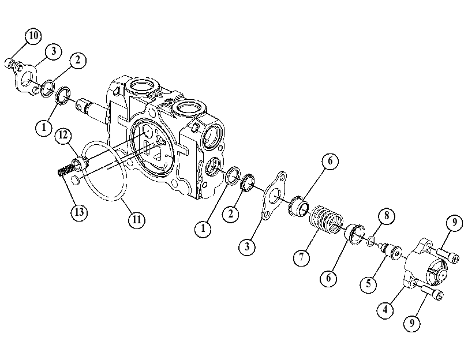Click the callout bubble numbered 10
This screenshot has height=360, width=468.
[33, 36]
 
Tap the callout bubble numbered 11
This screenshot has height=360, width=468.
[136, 220]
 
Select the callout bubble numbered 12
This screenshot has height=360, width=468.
[63, 135]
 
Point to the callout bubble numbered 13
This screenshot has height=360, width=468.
[79, 212]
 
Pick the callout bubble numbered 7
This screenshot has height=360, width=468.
[301, 257]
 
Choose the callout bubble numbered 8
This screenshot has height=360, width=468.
[387, 215]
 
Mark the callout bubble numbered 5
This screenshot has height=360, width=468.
[368, 283]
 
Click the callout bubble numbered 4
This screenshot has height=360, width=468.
[385, 310]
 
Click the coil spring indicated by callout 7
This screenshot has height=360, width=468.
[326, 219]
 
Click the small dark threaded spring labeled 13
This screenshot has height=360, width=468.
[63, 171]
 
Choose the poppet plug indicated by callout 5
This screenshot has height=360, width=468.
[390, 251]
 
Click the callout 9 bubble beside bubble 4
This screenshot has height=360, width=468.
[412, 322]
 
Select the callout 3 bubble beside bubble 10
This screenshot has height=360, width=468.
[54, 51]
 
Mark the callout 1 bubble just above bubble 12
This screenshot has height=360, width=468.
[44, 127]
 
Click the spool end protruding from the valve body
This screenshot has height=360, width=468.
[89, 110]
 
